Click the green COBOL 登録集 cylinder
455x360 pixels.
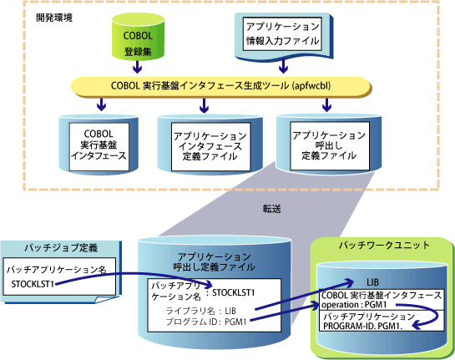(138, 37)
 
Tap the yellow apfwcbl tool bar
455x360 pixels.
(221, 86)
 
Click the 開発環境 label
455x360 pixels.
(54, 18)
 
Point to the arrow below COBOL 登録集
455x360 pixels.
(137, 67)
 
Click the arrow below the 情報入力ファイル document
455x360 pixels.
(283, 66)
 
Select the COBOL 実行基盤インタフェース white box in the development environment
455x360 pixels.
(99, 147)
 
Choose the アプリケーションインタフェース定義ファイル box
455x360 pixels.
(210, 147)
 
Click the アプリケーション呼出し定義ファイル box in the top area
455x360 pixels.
(330, 145)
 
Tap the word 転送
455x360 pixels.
(272, 209)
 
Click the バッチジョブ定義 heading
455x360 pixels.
(61, 248)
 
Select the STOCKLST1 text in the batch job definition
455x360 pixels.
(33, 284)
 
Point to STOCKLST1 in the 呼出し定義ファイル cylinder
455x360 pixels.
(233, 292)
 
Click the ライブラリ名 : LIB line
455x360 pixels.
(201, 312)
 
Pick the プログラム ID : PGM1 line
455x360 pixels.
(206, 322)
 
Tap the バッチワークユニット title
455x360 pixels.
(384, 246)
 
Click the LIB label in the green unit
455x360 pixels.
(372, 282)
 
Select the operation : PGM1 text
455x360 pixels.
(354, 305)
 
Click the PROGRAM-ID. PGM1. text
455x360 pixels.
(362, 326)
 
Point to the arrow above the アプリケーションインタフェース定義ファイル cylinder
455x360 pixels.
(205, 105)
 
